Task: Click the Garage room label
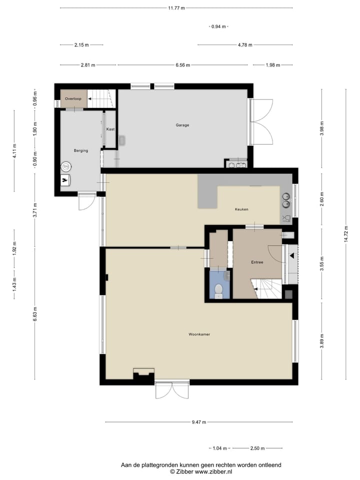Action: pyautogui.click(x=182, y=125)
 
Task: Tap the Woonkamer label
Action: pyautogui.click(x=199, y=334)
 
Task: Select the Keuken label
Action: pyautogui.click(x=241, y=209)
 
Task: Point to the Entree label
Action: pyautogui.click(x=257, y=262)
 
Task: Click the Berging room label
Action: pyautogui.click(x=80, y=150)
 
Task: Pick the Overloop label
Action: pyautogui.click(x=73, y=99)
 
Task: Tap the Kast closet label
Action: pyautogui.click(x=110, y=129)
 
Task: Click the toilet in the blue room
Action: pyautogui.click(x=218, y=290)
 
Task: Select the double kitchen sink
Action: pyautogui.click(x=286, y=200)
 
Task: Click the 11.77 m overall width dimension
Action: pyautogui.click(x=176, y=8)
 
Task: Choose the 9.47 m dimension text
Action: pyautogui.click(x=199, y=422)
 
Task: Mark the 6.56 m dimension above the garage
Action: pyautogui.click(x=182, y=65)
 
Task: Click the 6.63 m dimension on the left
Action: pyautogui.click(x=35, y=314)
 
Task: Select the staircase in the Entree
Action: pyautogui.click(x=269, y=288)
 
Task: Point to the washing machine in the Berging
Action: pyautogui.click(x=65, y=167)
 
